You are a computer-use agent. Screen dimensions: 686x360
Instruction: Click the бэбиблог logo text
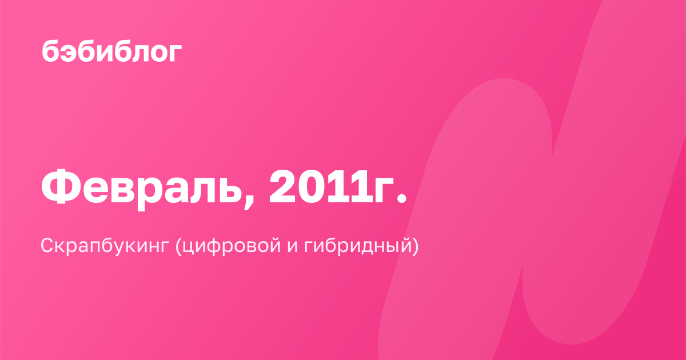[112, 51]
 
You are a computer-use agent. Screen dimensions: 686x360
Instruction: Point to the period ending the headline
[401, 198]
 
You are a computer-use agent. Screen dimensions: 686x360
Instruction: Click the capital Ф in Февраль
[61, 186]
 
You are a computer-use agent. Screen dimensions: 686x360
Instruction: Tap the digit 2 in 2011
[282, 187]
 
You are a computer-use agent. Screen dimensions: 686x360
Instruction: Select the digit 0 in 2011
[310, 187]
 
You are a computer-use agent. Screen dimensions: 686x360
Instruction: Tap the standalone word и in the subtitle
[293, 247]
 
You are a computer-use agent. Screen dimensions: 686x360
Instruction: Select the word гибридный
[357, 246]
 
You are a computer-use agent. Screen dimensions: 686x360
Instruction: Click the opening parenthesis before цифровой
[178, 246]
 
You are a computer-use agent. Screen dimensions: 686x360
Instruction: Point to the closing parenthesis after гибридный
[415, 246]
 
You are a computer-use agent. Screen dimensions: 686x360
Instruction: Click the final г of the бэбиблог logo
[175, 53]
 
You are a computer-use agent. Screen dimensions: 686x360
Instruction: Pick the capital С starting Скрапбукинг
[48, 246]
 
